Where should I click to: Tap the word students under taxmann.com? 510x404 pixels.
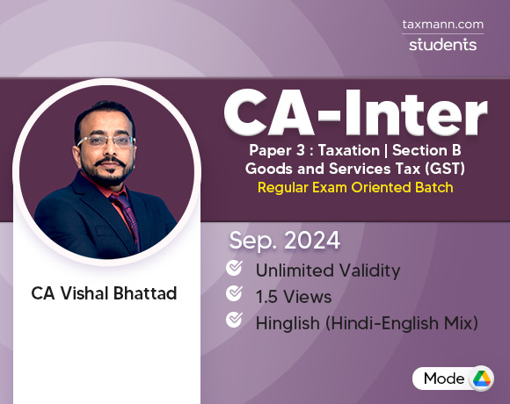442,44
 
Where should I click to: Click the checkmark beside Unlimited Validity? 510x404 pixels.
235,268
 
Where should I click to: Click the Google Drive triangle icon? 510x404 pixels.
480,379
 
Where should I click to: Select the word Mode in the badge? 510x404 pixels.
444,379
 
